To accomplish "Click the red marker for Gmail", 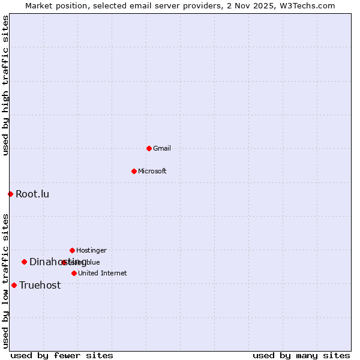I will click(149, 148).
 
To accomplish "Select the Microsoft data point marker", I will click(134, 171).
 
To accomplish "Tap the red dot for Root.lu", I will click(10, 194).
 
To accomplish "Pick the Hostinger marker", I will click(72, 250).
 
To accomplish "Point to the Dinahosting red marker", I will click(24, 262).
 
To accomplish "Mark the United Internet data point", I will click(74, 273).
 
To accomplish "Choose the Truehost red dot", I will click(14, 285).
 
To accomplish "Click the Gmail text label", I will click(162, 148).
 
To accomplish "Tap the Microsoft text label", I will click(152, 171).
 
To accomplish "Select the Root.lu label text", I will click(32, 194).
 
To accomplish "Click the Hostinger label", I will click(91, 250).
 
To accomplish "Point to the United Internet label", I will click(103, 273).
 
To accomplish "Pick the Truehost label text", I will click(40, 285).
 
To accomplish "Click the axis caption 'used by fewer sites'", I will click(62, 356).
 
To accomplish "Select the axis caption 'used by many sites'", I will click(301, 356).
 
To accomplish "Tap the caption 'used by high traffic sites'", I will click(6, 85).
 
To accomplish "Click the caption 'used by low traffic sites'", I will click(6, 281).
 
